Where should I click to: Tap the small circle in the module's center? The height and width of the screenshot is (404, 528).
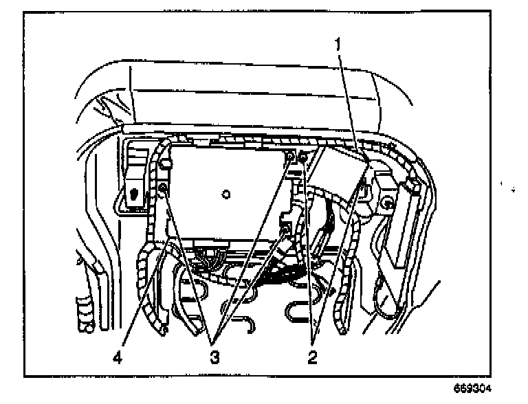click(225, 195)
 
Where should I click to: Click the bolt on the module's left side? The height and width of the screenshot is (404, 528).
click(164, 188)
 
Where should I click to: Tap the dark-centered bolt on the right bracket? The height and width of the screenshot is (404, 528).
click(388, 203)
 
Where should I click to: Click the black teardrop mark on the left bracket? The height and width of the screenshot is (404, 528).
click(132, 194)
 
